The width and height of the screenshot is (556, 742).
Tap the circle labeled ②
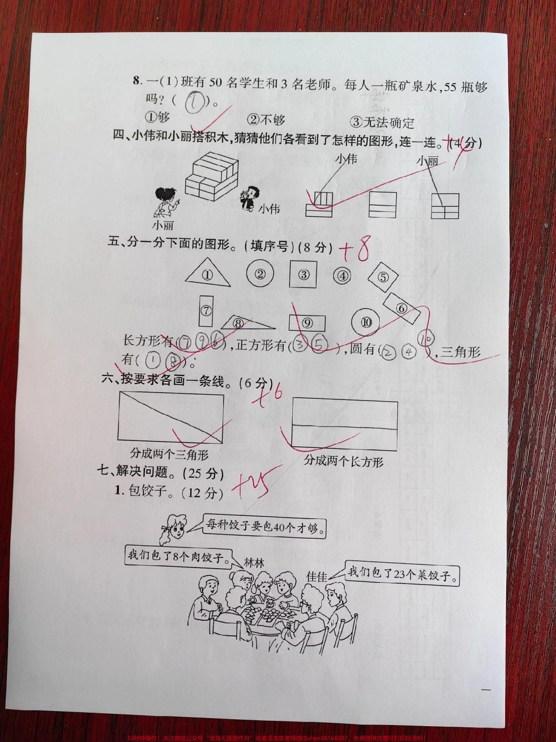click(x=260, y=272)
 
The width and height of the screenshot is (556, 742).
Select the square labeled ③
click(x=303, y=273)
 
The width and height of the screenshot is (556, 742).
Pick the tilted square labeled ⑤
click(x=383, y=278)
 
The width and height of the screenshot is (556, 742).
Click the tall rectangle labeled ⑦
click(x=206, y=311)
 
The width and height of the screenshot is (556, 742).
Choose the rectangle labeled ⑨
click(x=307, y=323)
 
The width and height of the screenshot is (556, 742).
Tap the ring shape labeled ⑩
click(x=367, y=322)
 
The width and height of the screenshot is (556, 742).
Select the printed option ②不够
click(x=266, y=121)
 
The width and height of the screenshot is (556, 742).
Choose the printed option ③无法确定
click(x=382, y=122)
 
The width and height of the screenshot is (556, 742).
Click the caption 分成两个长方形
click(x=344, y=461)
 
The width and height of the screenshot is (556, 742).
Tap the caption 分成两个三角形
click(x=170, y=454)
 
